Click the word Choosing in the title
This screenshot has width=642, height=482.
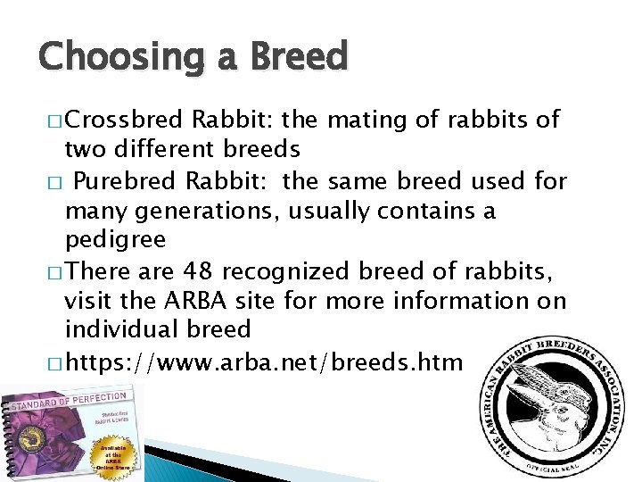click(x=116, y=57)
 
